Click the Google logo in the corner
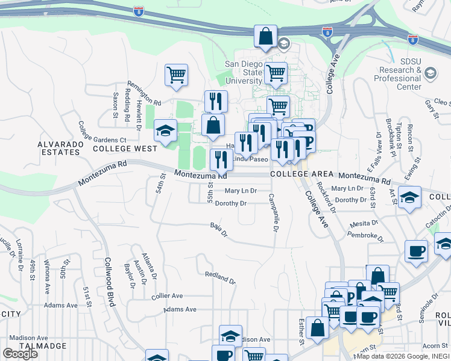click(x=20, y=354)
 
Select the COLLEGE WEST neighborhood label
click(x=125, y=148)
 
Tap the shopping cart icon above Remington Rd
click(x=176, y=75)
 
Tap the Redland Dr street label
click(x=219, y=278)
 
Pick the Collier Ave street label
click(x=167, y=296)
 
